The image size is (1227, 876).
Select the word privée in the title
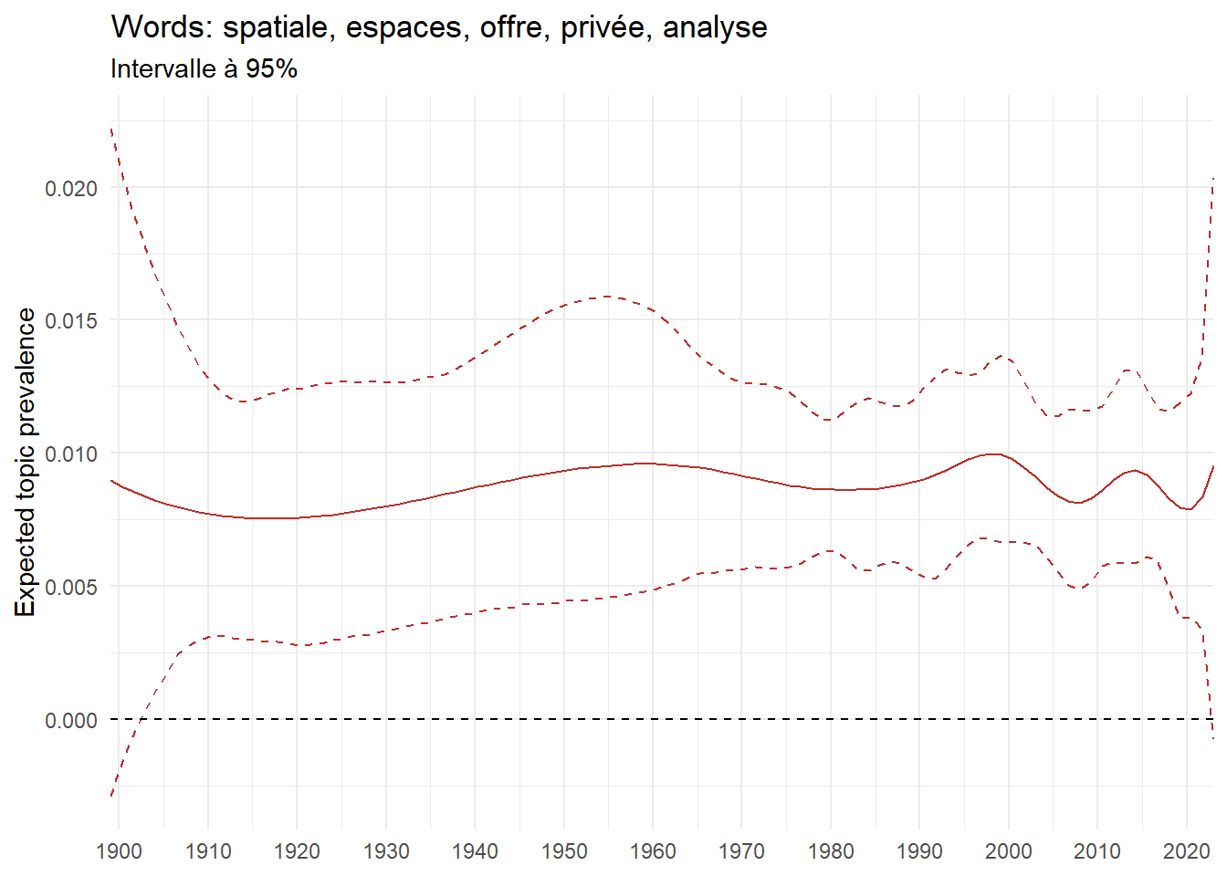603,27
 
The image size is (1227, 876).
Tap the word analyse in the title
715,27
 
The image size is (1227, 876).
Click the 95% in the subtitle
271,68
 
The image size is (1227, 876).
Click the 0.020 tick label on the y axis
70,189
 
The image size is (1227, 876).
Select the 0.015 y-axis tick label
70,321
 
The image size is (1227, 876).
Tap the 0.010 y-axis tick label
70,454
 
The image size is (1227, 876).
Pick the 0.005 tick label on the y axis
70,588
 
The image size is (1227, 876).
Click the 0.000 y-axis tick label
70,721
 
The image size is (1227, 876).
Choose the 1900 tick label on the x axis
119,851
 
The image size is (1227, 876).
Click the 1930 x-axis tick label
386,851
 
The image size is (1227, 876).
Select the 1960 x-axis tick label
653,851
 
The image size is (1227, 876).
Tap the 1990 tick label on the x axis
919,851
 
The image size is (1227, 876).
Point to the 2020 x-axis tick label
1186,851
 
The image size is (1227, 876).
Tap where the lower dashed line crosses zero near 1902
140,719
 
